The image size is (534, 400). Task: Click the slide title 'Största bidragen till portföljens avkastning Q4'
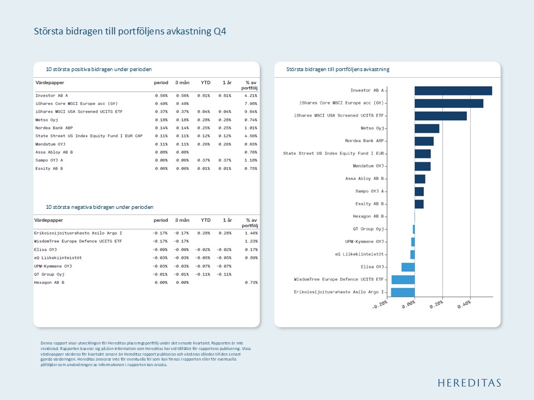coord(130,32)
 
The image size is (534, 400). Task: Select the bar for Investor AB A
coord(453,91)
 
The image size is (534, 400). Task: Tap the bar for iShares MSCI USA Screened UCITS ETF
coord(441,116)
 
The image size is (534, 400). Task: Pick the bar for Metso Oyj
coord(427,128)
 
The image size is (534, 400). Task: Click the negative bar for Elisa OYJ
coord(408,267)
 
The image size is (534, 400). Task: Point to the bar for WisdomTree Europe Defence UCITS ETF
coord(403,279)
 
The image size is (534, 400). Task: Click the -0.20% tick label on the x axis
coord(380,306)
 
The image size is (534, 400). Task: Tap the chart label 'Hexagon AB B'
coord(368,216)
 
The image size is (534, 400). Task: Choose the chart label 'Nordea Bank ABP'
coord(364,141)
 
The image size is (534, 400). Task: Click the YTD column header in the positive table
coord(205,82)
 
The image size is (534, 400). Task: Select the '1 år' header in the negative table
coord(226,221)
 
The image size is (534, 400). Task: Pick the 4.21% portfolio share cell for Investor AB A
coord(250,96)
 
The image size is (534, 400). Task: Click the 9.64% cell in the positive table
coord(250,112)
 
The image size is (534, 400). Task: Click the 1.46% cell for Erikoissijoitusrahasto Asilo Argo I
coord(250,233)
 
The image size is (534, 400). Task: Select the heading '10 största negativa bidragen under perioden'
coord(100,207)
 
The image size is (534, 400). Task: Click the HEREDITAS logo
coord(469,382)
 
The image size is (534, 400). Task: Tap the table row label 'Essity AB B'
coord(49,168)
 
